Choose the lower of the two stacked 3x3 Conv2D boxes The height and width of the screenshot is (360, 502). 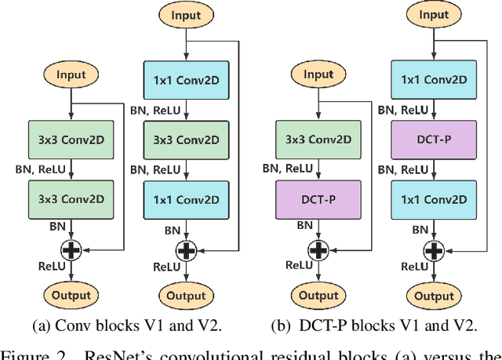coord(71,192)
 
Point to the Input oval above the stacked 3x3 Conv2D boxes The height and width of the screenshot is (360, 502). coord(71,75)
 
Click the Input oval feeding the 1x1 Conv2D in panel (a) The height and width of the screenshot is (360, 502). coord(186,15)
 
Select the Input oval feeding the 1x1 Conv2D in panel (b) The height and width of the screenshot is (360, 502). coord(435,15)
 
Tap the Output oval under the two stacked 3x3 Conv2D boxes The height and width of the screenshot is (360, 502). coord(71,295)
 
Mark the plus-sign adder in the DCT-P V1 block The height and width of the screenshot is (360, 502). coord(318,249)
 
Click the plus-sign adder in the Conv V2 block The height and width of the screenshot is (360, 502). coord(186,249)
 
